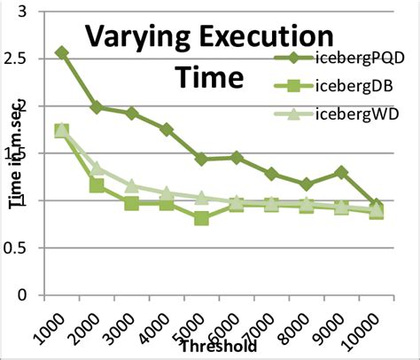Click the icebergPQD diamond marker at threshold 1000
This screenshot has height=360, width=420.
tap(61, 53)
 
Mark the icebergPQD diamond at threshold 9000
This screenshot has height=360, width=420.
tap(341, 172)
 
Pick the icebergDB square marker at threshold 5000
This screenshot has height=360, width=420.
tap(201, 217)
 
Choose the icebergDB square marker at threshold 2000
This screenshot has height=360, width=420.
tap(97, 185)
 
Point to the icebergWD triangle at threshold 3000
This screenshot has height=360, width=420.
tap(131, 186)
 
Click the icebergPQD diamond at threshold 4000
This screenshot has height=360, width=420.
tap(167, 129)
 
